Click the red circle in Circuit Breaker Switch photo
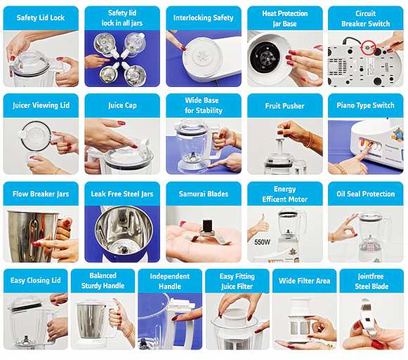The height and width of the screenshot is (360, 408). [x=368, y=48]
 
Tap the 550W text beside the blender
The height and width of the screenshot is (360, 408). [x=263, y=242]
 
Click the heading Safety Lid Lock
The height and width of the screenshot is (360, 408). [x=41, y=18]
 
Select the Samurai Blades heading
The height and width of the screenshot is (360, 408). [x=204, y=194]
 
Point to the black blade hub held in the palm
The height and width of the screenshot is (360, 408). [x=207, y=225]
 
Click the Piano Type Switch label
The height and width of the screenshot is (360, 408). [x=366, y=105]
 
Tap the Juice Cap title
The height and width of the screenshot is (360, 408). [x=122, y=105]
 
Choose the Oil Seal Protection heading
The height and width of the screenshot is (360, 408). [x=366, y=194]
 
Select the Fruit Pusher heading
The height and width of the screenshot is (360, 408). [x=284, y=106]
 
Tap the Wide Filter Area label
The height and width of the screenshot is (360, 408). [x=305, y=281]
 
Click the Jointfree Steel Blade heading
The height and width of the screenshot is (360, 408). [x=371, y=281]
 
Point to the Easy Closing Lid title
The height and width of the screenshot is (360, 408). [x=36, y=280]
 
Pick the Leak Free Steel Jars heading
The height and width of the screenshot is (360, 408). [x=122, y=194]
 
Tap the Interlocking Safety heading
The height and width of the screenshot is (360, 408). [x=204, y=18]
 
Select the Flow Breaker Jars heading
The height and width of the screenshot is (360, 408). [x=41, y=194]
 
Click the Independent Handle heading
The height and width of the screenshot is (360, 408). [x=170, y=281]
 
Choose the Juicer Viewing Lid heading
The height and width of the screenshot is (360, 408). [x=41, y=105]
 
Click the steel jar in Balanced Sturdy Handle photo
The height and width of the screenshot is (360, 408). [x=91, y=321]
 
